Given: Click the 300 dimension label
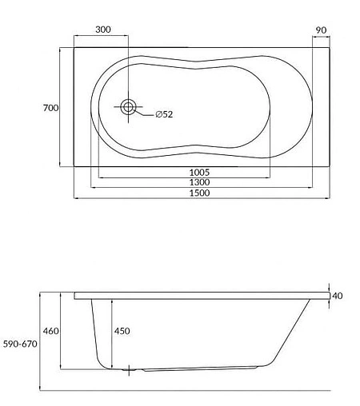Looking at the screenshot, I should pos(102,30).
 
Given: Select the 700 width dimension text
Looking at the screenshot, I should pos(51,107).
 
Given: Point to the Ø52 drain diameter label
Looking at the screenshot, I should pos(164,114).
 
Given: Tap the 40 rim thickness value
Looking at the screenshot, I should pos(336,296).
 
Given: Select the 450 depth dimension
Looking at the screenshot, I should pos(122,331).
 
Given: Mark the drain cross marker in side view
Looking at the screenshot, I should pos(130,370).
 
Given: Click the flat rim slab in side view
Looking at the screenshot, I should pos(200,296).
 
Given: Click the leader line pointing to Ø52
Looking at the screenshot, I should pos(144,114).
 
